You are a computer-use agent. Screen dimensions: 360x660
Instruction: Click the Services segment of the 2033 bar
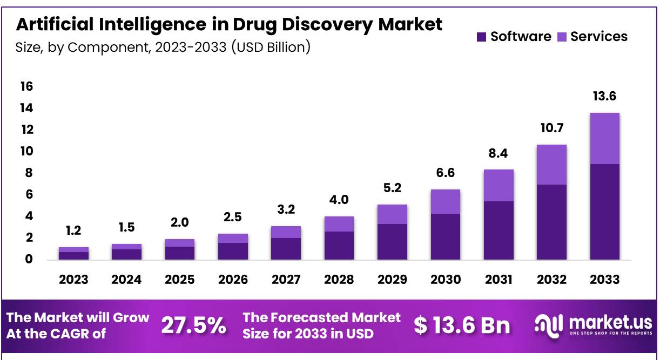pyautogui.click(x=604, y=139)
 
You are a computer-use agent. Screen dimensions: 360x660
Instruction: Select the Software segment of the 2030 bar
pyautogui.click(x=445, y=236)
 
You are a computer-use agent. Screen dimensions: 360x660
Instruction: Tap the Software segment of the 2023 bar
pyautogui.click(x=73, y=256)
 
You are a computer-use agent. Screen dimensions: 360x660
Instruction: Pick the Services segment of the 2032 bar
pyautogui.click(x=551, y=165)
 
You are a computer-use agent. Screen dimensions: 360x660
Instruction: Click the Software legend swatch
pyautogui.click(x=482, y=37)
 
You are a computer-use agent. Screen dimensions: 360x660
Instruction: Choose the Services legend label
pyautogui.click(x=599, y=37)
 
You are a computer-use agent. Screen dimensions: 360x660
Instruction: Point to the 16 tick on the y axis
pyautogui.click(x=26, y=86)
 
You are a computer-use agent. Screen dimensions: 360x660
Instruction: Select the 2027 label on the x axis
pyautogui.click(x=286, y=280)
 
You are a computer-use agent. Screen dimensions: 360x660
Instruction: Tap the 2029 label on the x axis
pyautogui.click(x=392, y=280)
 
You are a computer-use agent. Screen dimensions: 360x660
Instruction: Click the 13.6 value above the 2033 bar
pyautogui.click(x=604, y=97)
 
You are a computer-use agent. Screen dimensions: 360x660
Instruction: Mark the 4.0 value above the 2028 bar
pyautogui.click(x=339, y=200)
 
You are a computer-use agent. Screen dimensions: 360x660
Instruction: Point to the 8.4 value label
pyautogui.click(x=498, y=154)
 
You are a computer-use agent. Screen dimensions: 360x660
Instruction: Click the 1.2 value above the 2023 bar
pyautogui.click(x=73, y=230)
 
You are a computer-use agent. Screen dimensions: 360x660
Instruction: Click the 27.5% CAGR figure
pyautogui.click(x=194, y=325)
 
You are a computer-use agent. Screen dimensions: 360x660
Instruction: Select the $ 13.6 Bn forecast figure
pyautogui.click(x=462, y=325)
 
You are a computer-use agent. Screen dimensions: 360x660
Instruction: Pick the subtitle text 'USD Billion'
pyautogui.click(x=271, y=47)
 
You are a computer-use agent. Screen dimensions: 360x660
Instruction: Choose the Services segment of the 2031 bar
pyautogui.click(x=498, y=186)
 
